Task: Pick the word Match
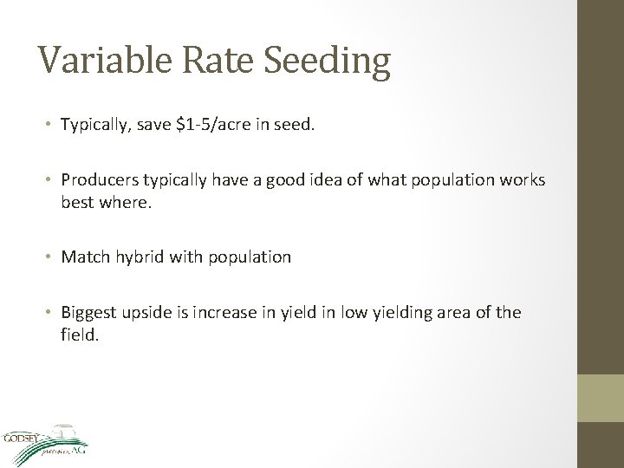pos(82,257)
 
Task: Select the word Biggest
pos(90,312)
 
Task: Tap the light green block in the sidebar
pos(601,398)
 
